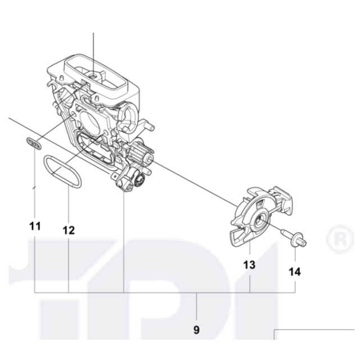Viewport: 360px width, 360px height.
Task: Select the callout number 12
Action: [69, 230]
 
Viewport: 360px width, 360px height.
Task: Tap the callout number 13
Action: [249, 264]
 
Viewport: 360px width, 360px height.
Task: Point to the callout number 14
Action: [295, 272]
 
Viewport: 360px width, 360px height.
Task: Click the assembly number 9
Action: [196, 330]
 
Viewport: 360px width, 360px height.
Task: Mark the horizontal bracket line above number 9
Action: [169, 294]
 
